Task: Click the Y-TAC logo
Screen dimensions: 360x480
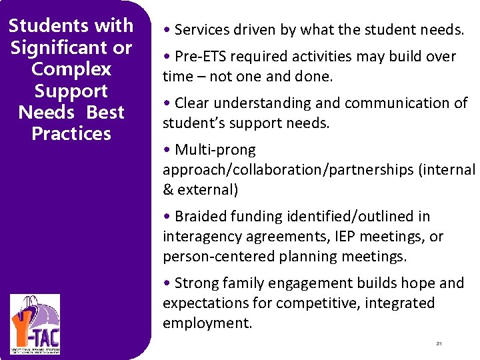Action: click(35, 325)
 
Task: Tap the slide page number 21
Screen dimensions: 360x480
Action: click(439, 344)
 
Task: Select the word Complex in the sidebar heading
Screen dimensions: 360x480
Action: click(71, 69)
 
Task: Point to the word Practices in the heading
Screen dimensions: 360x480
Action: click(71, 133)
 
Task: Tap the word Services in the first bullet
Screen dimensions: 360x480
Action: click(201, 30)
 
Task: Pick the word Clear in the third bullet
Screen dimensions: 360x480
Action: click(193, 103)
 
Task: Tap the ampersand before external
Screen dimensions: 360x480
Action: click(167, 190)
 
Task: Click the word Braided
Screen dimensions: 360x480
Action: click(202, 217)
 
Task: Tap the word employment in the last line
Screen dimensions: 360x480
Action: click(206, 323)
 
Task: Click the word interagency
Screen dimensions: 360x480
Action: click(202, 237)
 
